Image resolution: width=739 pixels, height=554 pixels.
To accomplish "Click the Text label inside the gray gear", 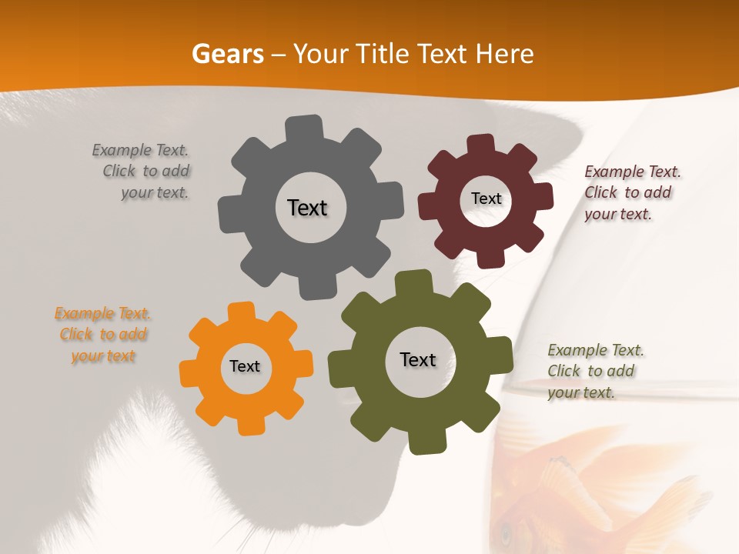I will (307, 208).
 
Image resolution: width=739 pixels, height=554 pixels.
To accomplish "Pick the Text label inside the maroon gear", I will (486, 199).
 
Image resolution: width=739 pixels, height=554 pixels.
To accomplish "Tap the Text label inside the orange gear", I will (245, 366).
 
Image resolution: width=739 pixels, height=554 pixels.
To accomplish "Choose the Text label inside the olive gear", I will (418, 359).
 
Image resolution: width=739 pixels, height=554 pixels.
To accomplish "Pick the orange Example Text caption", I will (102, 335).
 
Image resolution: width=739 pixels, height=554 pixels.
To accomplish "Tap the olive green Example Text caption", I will (594, 371).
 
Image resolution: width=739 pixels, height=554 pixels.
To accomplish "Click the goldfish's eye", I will (506, 531).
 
